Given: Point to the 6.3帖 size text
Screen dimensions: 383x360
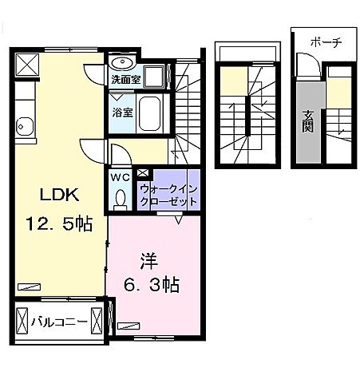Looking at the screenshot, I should (x=151, y=284).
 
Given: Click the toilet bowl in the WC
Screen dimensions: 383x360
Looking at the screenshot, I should (x=121, y=196).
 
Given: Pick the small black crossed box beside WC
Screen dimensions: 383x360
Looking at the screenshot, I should (x=142, y=172).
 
